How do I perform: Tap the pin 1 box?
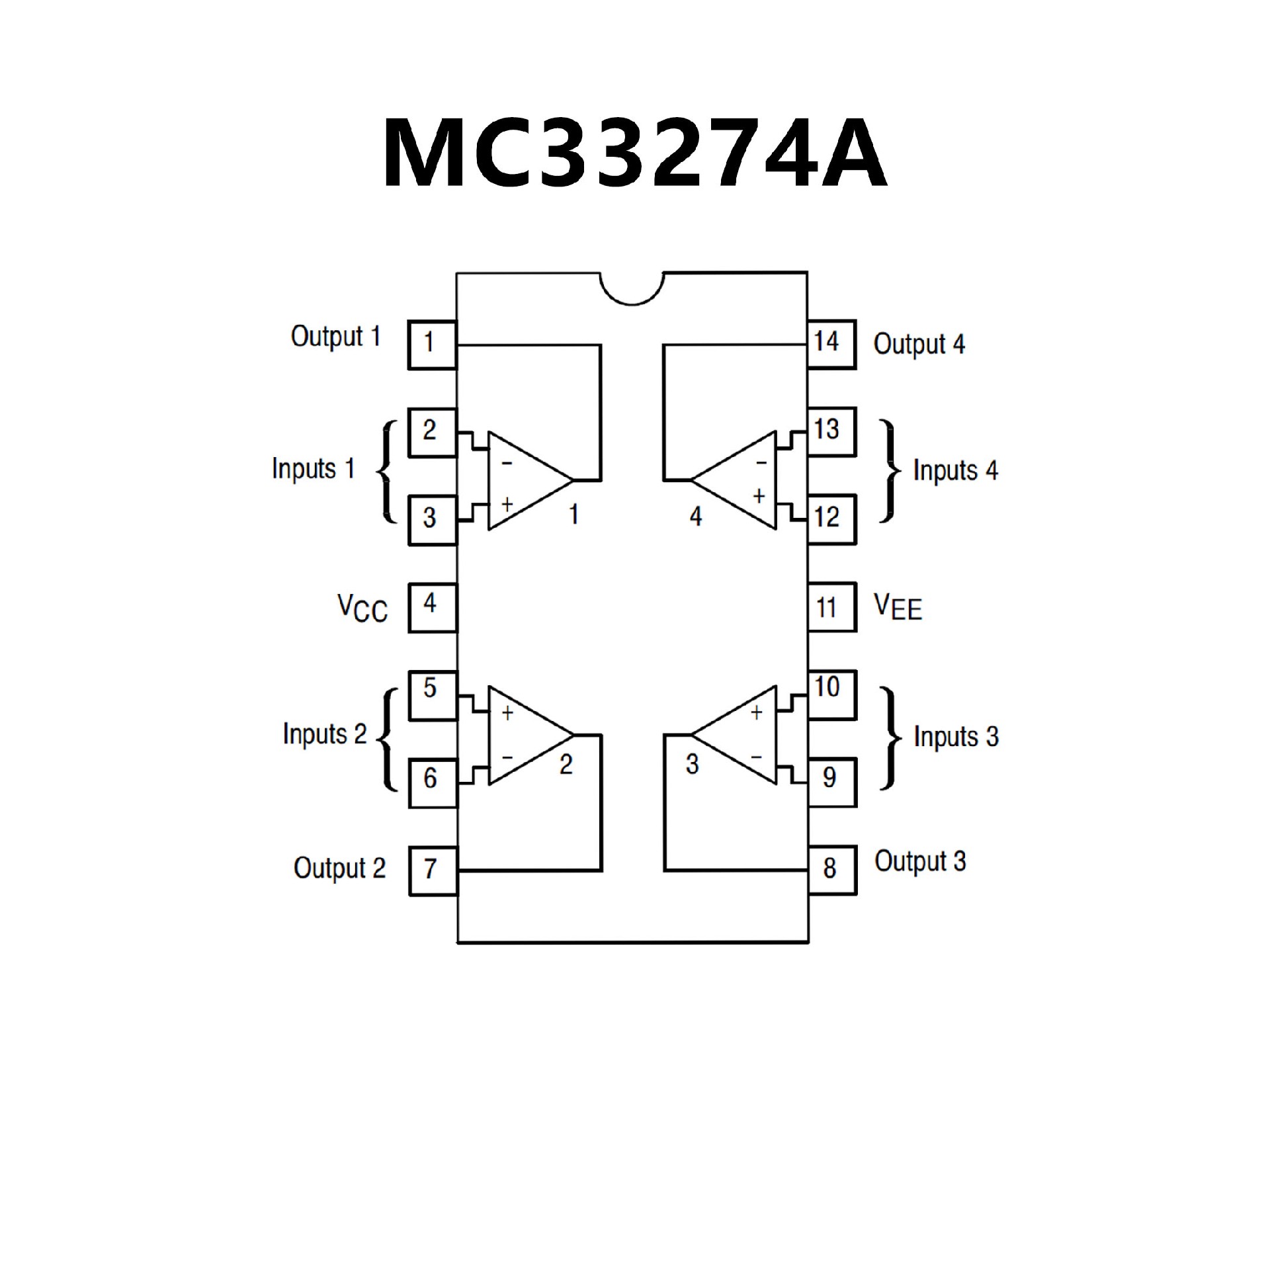coord(431,345)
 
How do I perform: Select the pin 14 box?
coord(831,344)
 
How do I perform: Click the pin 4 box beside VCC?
coord(432,607)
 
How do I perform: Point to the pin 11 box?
coord(831,607)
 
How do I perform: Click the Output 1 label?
coord(336,337)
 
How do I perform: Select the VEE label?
coord(898,607)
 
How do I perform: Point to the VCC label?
coord(362,608)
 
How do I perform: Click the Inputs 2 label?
coord(325,734)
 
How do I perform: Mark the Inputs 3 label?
coord(956,737)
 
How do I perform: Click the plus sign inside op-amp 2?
coord(507,713)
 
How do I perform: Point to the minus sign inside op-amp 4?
coord(761,462)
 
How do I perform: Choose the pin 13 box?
coord(831,431)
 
